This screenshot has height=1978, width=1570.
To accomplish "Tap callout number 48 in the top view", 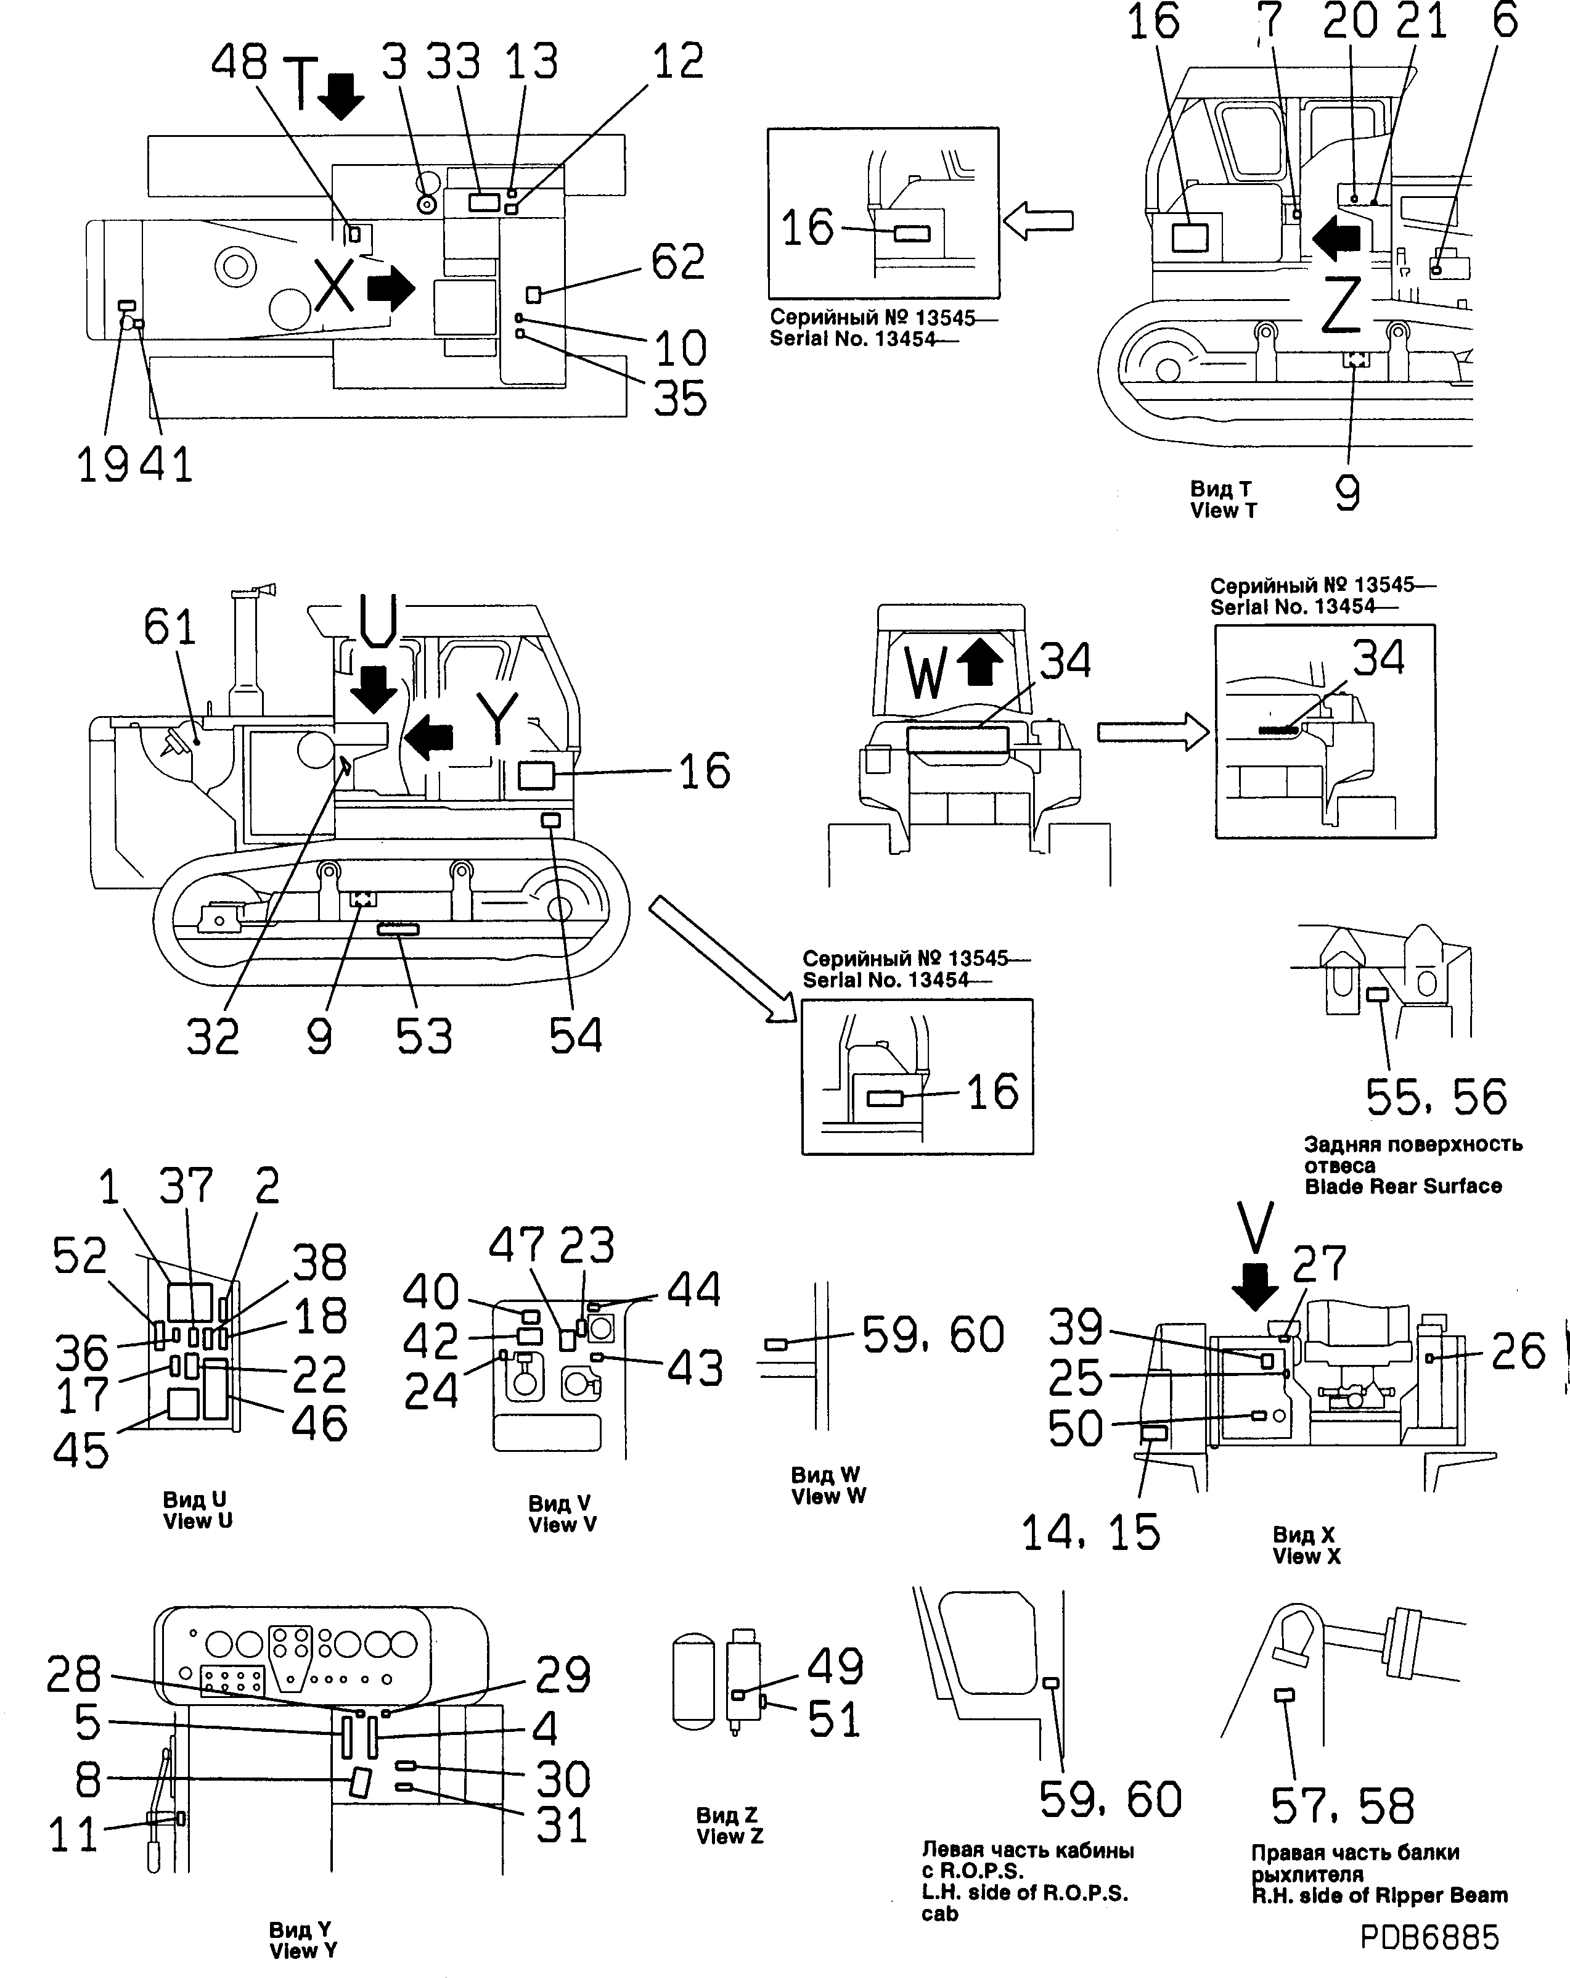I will coord(239,62).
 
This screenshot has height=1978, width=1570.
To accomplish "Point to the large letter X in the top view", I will coord(334,286).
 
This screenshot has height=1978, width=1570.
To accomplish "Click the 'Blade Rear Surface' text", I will coord(1402,1186).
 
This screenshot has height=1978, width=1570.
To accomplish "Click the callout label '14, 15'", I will coord(1090,1532).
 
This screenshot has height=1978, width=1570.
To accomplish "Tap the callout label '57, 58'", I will coord(1343,1805).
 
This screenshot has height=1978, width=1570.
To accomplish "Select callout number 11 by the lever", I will coord(73,1836).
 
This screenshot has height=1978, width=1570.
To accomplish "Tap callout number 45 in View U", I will coord(81,1451).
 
